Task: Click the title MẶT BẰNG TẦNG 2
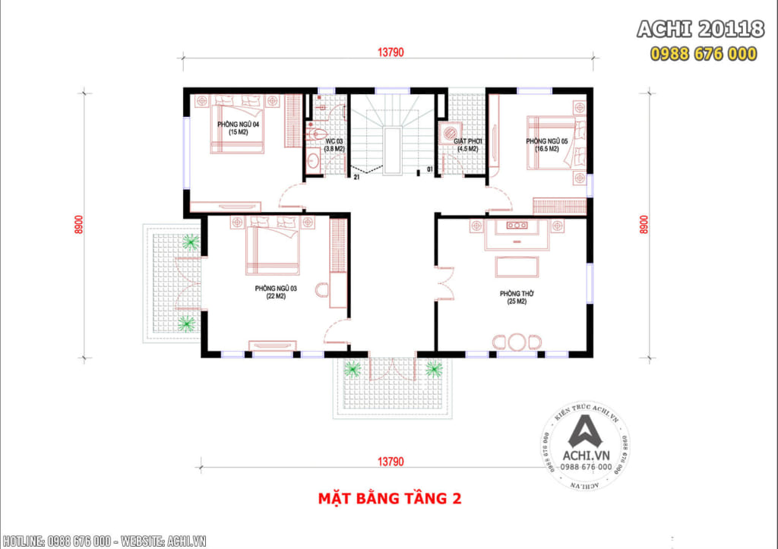click(x=389, y=499)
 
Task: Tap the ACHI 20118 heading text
click(x=700, y=30)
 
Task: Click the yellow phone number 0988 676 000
click(x=703, y=53)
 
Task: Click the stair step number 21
click(x=356, y=177)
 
